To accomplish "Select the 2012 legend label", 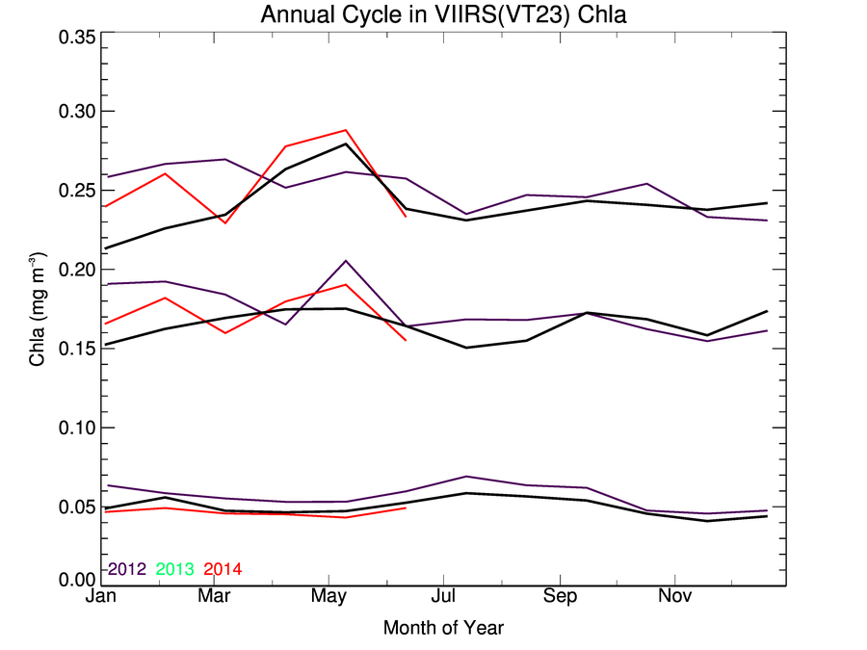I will click(x=126, y=569).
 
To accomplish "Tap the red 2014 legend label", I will click(x=223, y=569).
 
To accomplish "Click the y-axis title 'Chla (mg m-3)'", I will click(x=39, y=306).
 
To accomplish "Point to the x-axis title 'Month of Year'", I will click(x=443, y=628).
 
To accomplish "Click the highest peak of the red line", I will click(x=346, y=130).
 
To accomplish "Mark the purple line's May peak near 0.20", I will click(x=346, y=260).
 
